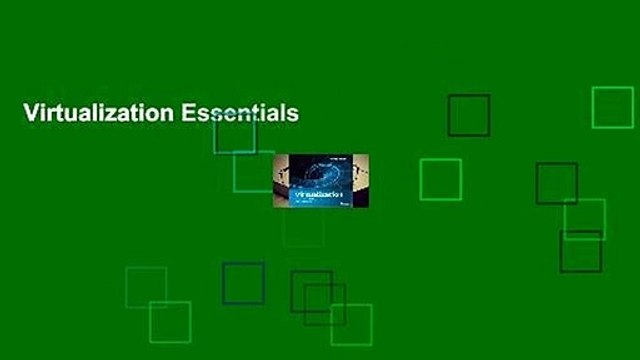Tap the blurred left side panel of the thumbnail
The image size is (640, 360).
click(x=281, y=181)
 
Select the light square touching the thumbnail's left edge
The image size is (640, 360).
click(x=253, y=171)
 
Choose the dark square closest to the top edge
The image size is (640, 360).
click(x=468, y=115)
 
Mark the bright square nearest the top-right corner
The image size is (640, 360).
click(x=612, y=108)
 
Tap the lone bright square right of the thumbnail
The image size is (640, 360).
click(x=440, y=180)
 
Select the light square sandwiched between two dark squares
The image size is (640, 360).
click(x=584, y=219)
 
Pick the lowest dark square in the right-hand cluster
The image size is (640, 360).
click(x=580, y=251)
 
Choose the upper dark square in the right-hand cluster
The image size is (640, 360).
click(x=556, y=184)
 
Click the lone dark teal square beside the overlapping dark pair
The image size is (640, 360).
click(x=243, y=283)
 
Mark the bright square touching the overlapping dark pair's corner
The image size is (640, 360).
click(x=351, y=324)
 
